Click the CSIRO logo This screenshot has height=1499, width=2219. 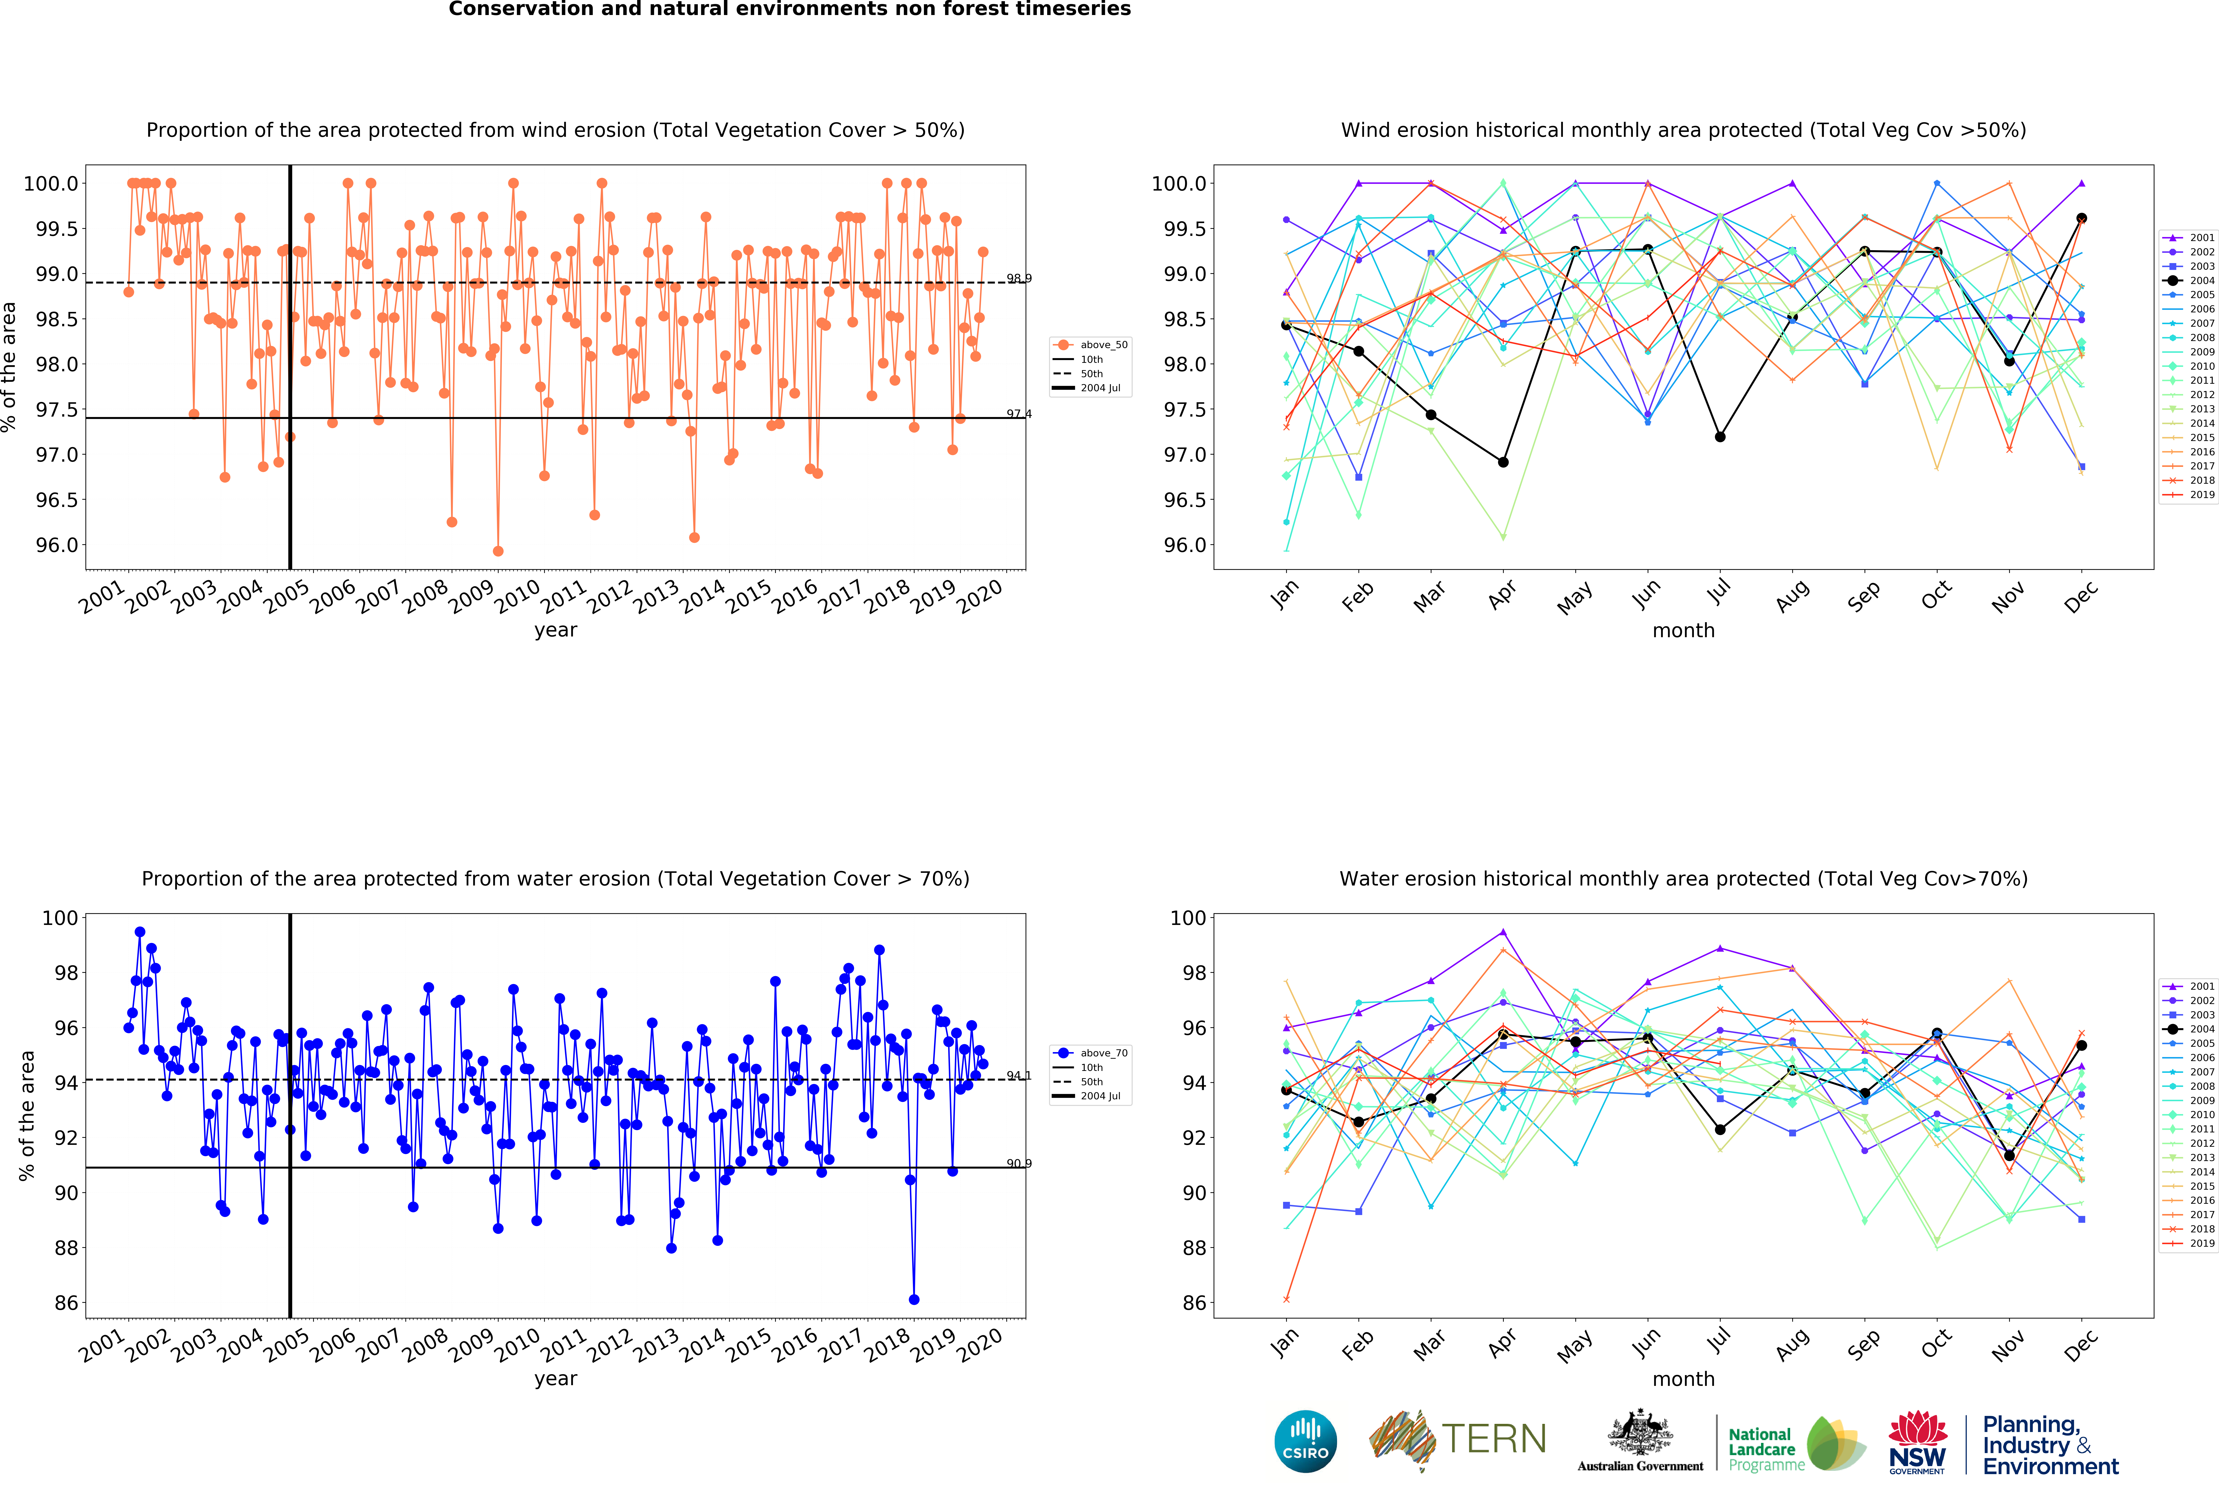pyautogui.click(x=1305, y=1441)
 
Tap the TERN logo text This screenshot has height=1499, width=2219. pyautogui.click(x=1494, y=1439)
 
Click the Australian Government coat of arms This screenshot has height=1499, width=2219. pyautogui.click(x=1639, y=1432)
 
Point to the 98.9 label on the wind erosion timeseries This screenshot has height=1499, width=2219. pyautogui.click(x=1019, y=279)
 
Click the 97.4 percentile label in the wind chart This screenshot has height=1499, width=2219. pyautogui.click(x=1019, y=414)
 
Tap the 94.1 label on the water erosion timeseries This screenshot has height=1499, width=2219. pyautogui.click(x=1019, y=1076)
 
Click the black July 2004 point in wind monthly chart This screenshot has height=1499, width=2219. pyautogui.click(x=1720, y=437)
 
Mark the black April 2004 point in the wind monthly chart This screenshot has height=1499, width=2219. pyautogui.click(x=1503, y=462)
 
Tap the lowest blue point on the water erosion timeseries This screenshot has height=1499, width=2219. pyautogui.click(x=914, y=1300)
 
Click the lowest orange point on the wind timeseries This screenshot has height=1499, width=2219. pyautogui.click(x=497, y=551)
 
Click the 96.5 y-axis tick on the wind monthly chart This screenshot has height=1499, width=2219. pyautogui.click(x=1184, y=500)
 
